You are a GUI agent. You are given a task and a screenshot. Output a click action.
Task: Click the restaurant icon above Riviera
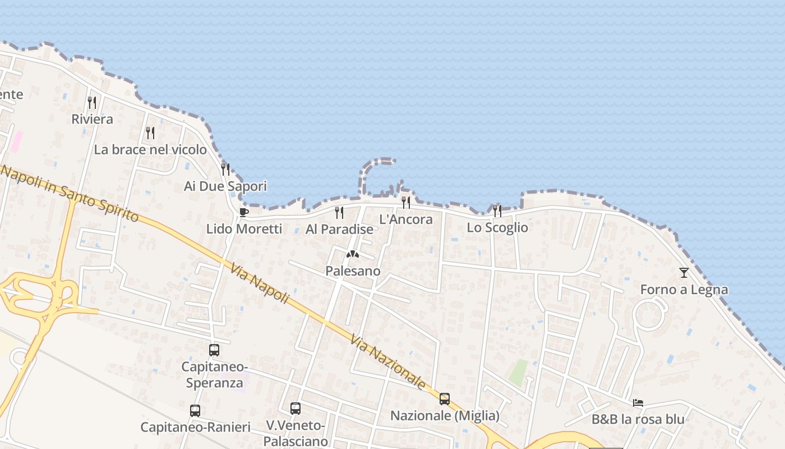click(92, 103)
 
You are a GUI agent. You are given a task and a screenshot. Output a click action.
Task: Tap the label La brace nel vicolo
click(150, 150)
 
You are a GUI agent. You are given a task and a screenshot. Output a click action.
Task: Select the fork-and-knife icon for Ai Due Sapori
click(225, 169)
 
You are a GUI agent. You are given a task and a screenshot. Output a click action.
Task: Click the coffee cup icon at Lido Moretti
click(243, 212)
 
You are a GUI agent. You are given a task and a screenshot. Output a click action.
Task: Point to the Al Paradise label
click(339, 229)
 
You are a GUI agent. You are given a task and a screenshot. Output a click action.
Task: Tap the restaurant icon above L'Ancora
click(406, 203)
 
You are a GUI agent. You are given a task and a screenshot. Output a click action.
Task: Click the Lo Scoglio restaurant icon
click(497, 211)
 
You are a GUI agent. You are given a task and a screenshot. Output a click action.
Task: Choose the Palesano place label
click(353, 271)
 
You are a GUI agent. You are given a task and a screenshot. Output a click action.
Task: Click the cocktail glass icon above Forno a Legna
click(684, 273)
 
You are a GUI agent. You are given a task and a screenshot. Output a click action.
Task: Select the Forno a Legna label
click(684, 290)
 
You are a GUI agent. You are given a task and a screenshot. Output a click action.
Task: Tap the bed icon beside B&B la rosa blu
click(638, 402)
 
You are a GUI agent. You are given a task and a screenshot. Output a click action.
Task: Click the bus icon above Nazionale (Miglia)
click(445, 399)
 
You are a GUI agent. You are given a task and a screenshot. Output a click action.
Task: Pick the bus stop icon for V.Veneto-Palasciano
click(295, 409)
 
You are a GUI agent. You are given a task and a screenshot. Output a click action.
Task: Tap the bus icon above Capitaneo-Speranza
click(214, 350)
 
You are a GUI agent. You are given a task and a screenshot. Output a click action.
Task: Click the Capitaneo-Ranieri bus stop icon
click(195, 411)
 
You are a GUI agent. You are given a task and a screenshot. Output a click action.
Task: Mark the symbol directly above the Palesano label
click(352, 255)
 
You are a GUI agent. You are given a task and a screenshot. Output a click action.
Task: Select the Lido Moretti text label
click(244, 229)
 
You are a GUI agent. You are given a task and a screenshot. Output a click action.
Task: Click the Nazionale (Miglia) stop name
click(445, 416)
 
